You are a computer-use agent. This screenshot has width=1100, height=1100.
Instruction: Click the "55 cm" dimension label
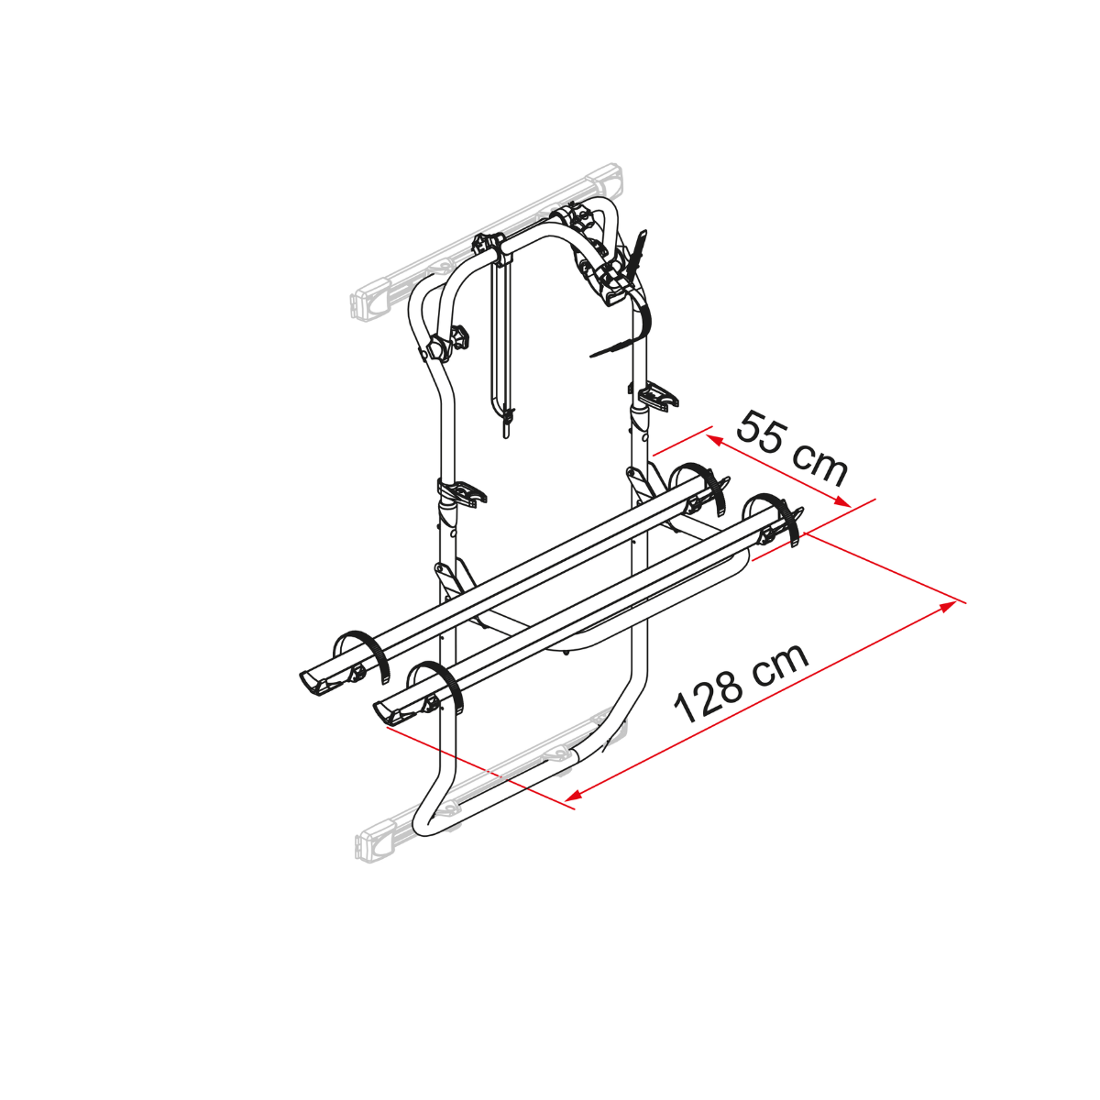tap(792, 448)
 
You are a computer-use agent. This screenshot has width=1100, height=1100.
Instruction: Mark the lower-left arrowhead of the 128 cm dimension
tap(573, 795)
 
